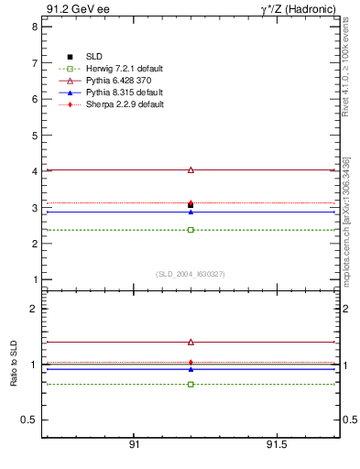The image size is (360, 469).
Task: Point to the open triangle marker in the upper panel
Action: pyautogui.click(x=191, y=169)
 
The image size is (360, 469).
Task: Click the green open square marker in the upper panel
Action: pyautogui.click(x=191, y=229)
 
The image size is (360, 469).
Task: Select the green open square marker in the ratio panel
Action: pyautogui.click(x=191, y=384)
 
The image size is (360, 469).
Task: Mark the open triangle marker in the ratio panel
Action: pyautogui.click(x=191, y=342)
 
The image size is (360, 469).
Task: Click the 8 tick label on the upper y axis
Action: pyautogui.click(x=34, y=27)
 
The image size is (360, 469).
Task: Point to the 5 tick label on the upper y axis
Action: pyautogui.click(x=34, y=135)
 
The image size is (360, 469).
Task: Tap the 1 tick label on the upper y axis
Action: pyautogui.click(x=34, y=279)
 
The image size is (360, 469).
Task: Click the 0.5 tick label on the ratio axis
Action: pyautogui.click(x=29, y=420)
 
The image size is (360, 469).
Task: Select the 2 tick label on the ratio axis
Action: pyautogui.click(x=34, y=309)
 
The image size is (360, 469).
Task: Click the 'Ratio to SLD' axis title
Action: pyautogui.click(x=14, y=365)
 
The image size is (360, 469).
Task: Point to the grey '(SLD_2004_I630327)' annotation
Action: pyautogui.click(x=191, y=273)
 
